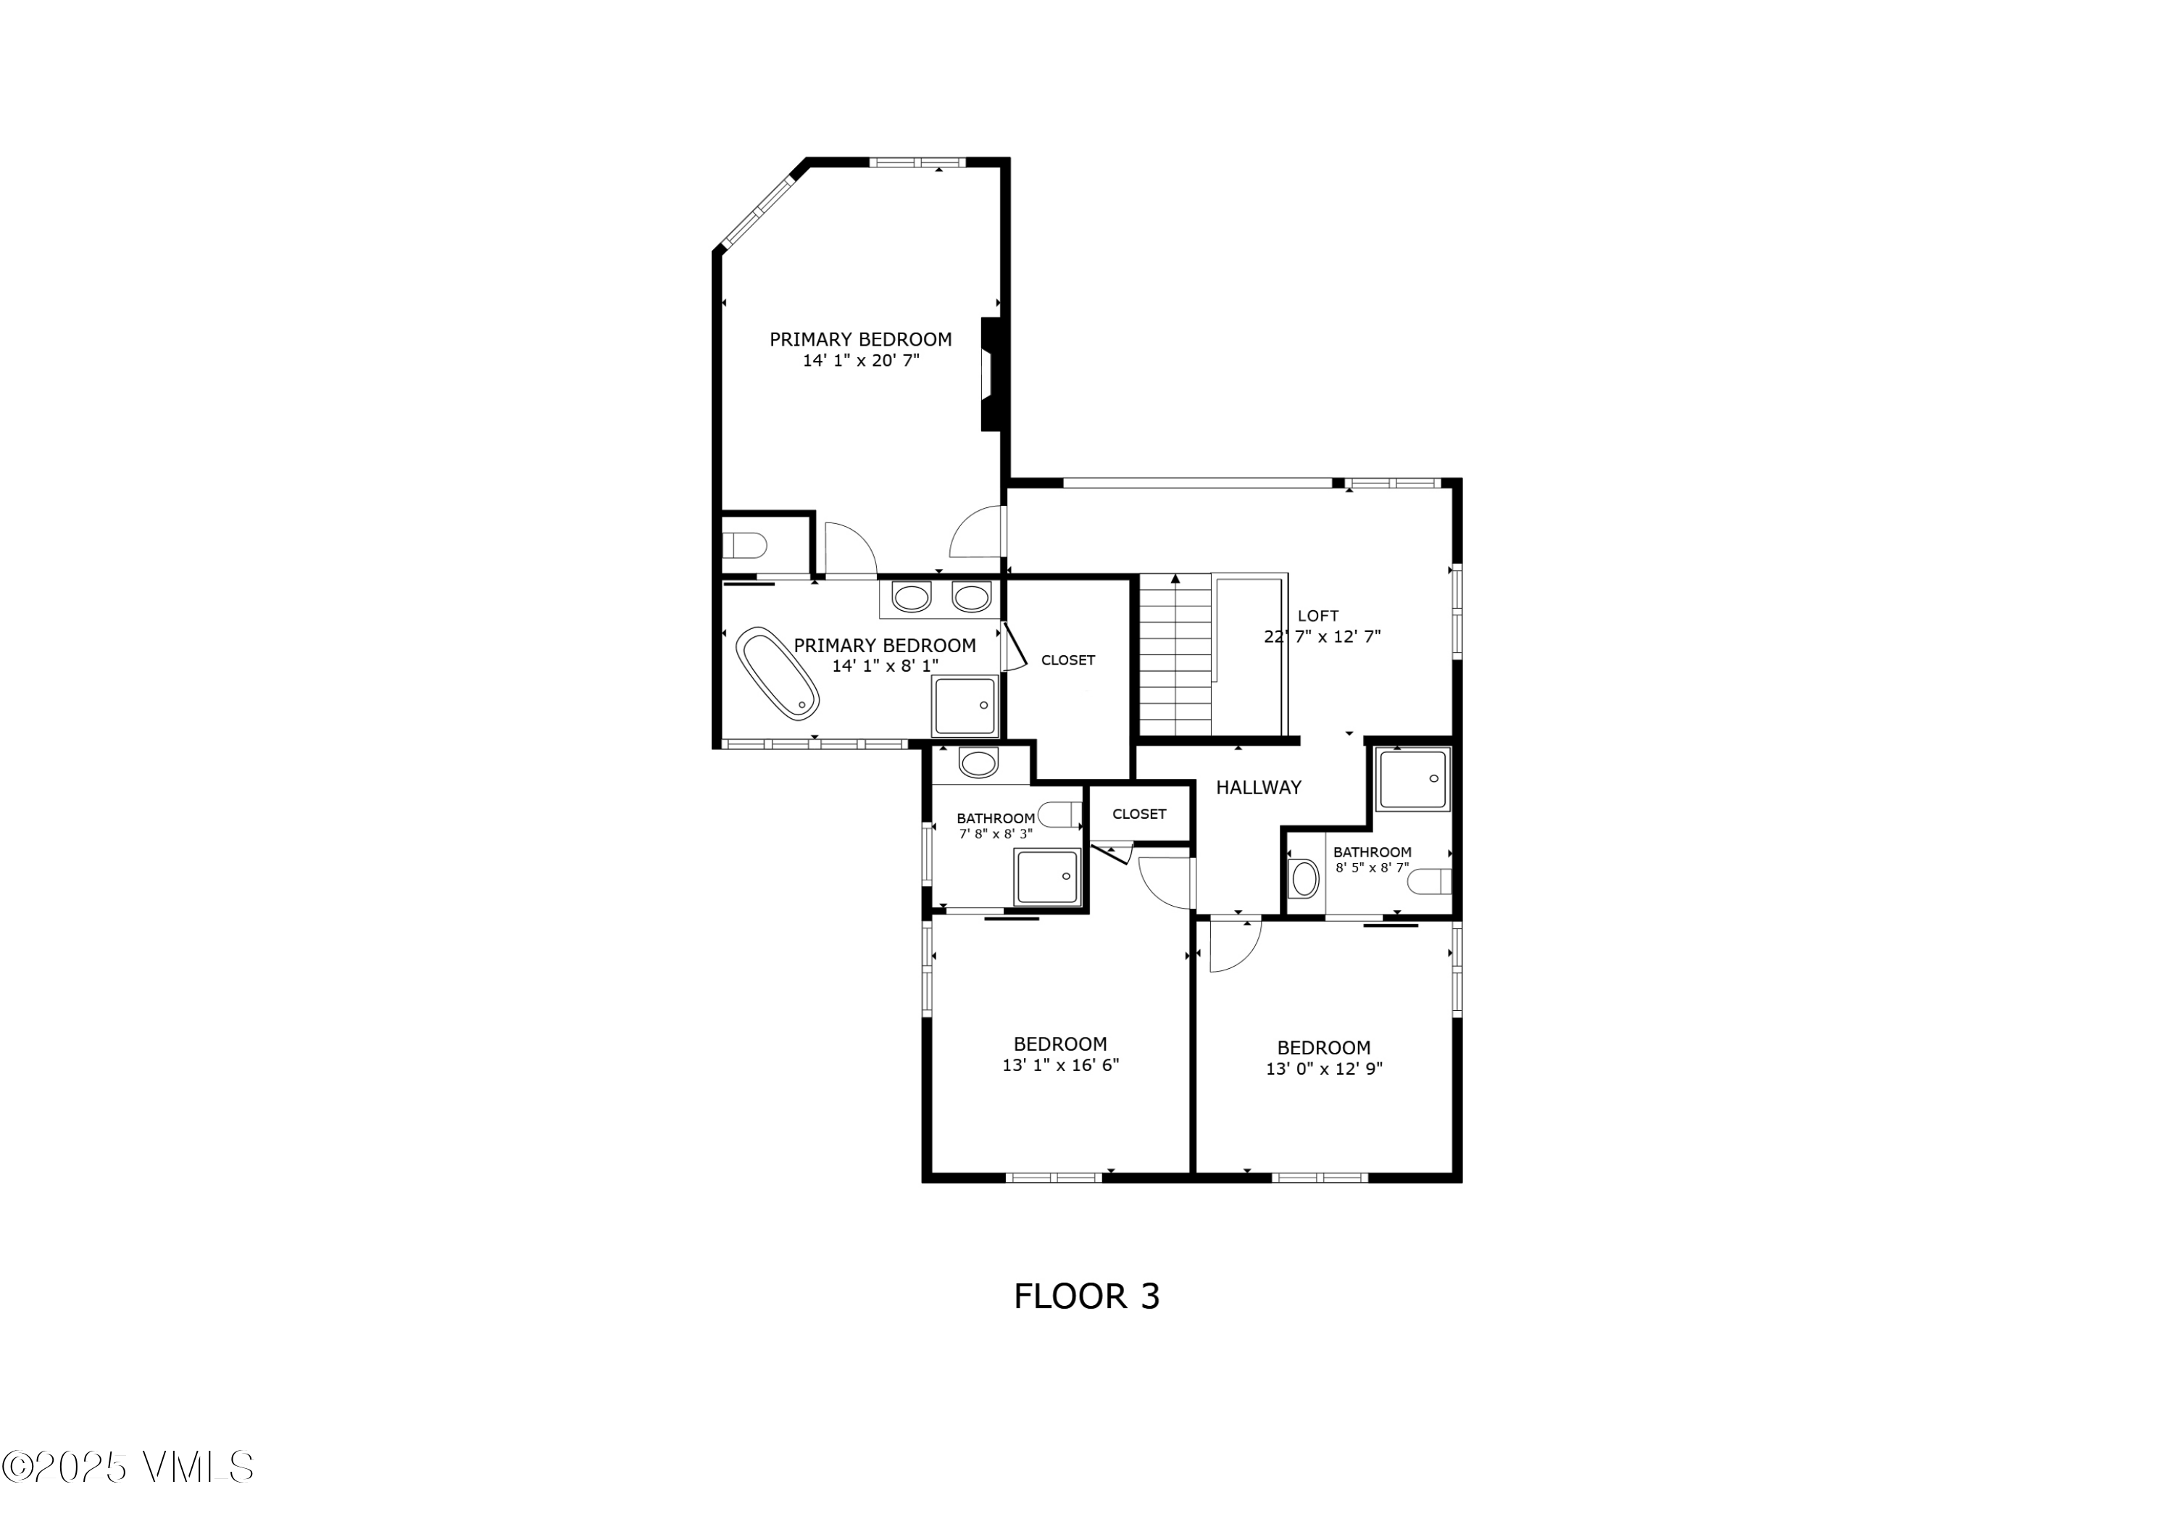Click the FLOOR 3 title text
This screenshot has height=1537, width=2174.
(x=1086, y=1296)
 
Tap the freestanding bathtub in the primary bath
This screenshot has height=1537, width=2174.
(x=778, y=672)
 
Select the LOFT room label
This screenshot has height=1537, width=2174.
(x=1317, y=615)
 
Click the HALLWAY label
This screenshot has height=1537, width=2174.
(x=1257, y=787)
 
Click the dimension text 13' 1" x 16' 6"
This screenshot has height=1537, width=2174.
(x=1059, y=1065)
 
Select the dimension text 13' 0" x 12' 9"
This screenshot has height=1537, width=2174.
(x=1324, y=1069)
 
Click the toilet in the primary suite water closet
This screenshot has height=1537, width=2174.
(x=745, y=546)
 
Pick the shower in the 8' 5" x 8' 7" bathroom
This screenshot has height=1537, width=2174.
(x=1412, y=780)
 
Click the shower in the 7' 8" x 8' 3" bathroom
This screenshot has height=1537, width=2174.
(x=1046, y=876)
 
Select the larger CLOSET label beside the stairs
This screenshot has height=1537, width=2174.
(x=1067, y=660)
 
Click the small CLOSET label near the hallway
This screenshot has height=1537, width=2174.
(x=1138, y=814)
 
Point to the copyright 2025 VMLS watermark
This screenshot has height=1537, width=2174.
(x=128, y=1467)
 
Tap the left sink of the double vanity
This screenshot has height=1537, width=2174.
(x=911, y=598)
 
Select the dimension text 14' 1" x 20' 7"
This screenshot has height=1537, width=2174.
(x=861, y=361)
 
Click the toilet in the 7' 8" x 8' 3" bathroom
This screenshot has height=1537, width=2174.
(x=1060, y=814)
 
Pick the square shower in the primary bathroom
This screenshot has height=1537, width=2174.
(x=965, y=706)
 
